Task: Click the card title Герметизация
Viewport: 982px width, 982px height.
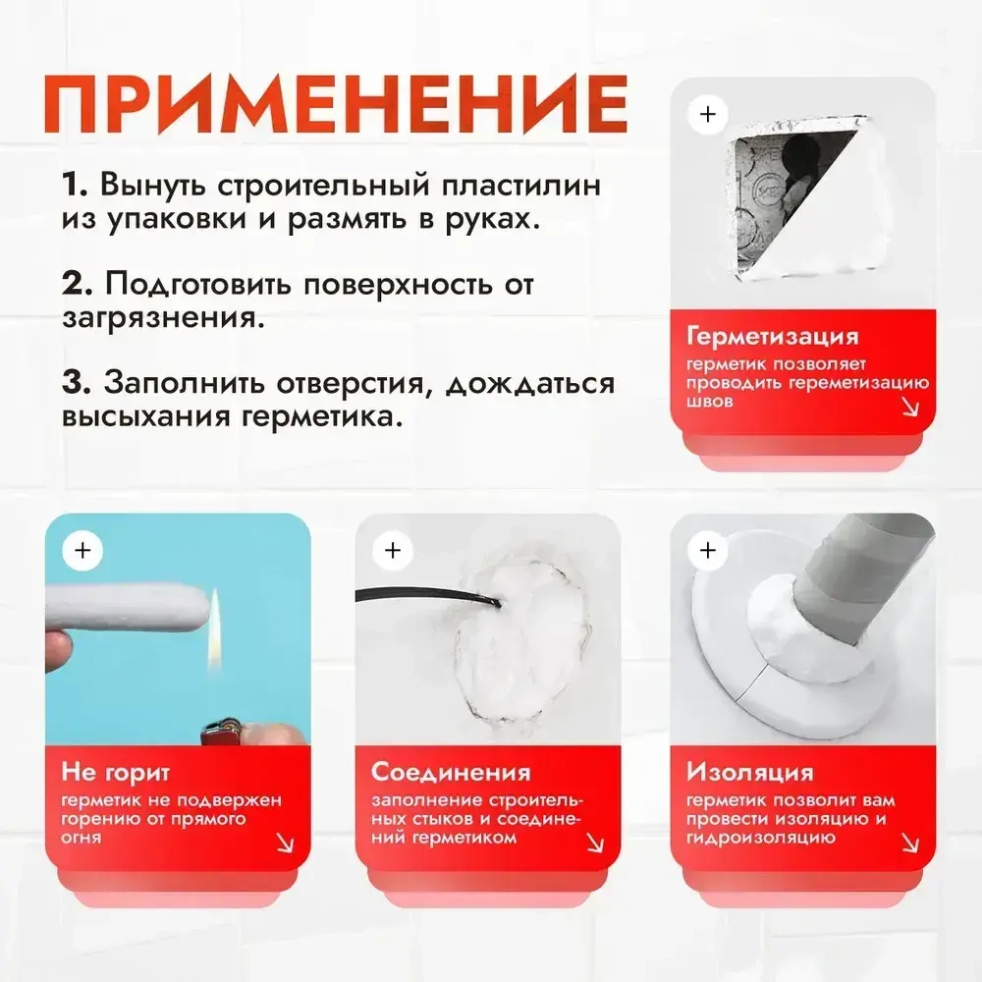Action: click(772, 337)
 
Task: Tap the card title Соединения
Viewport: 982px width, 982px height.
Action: click(451, 772)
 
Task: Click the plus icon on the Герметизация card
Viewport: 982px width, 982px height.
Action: click(707, 114)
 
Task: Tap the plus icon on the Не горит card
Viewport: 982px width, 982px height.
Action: click(82, 550)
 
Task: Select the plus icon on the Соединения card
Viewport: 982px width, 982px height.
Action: click(393, 550)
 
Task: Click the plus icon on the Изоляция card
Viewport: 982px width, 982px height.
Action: click(707, 550)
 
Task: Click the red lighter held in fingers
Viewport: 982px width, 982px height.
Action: click(218, 732)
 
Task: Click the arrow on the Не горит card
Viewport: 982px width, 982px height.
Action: click(286, 843)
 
